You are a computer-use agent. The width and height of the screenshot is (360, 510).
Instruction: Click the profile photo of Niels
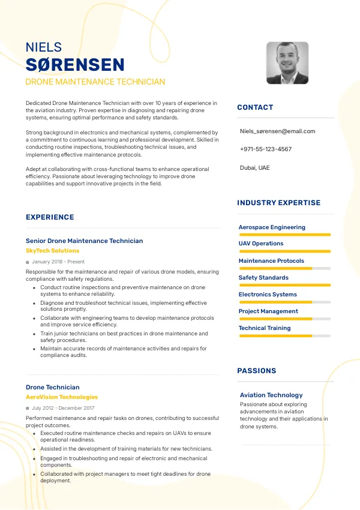click(287, 62)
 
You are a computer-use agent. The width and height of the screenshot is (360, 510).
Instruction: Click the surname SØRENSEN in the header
click(75, 65)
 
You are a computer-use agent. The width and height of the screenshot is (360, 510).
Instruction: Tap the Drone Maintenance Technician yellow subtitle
click(95, 82)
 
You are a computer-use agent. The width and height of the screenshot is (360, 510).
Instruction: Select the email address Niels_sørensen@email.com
click(277, 131)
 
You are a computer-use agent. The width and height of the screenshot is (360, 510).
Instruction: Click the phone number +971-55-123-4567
click(266, 149)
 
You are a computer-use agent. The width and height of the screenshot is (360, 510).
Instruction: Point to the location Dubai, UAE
click(255, 167)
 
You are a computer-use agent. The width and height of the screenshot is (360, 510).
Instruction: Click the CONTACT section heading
click(255, 107)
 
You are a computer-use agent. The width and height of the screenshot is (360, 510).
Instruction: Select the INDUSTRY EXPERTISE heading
click(279, 203)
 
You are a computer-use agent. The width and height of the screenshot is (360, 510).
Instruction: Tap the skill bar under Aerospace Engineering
click(285, 235)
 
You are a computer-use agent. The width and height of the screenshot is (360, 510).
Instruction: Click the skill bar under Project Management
click(285, 319)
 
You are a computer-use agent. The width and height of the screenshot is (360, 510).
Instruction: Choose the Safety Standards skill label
click(263, 278)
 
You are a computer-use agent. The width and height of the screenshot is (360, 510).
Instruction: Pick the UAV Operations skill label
click(261, 244)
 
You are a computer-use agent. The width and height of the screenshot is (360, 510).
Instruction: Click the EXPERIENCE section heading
click(50, 217)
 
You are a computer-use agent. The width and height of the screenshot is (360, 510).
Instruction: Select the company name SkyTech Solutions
click(52, 251)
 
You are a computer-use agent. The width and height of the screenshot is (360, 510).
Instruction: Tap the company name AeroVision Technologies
click(62, 397)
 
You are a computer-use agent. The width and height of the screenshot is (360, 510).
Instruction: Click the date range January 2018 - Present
click(58, 262)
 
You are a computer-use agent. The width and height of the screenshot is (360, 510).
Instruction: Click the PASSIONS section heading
click(257, 371)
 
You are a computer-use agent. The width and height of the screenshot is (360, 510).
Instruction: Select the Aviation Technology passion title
click(271, 395)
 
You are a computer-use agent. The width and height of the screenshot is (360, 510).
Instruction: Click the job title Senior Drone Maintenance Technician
click(85, 241)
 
